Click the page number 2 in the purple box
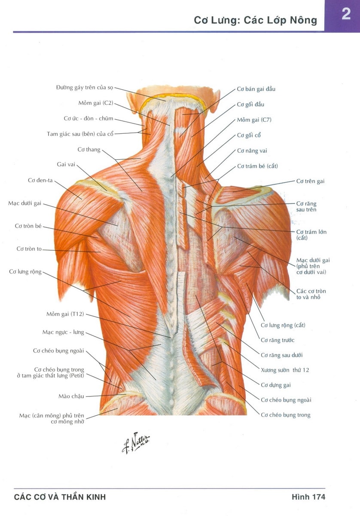(346, 14)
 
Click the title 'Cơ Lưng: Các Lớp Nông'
(255, 20)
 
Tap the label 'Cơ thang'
(89, 150)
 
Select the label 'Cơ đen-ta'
(40, 180)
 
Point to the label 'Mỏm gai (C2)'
(96, 103)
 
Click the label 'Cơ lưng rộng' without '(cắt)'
(25, 272)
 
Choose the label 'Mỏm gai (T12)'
(65, 314)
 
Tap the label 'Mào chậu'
(71, 396)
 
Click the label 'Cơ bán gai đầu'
(256, 89)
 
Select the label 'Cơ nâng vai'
(252, 150)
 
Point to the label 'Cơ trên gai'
(310, 181)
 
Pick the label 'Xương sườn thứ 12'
(285, 370)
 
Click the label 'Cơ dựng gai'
(276, 385)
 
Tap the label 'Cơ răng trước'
(278, 340)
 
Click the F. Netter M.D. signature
(136, 442)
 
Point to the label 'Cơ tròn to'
(29, 249)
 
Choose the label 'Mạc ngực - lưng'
(63, 332)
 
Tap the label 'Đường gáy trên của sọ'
(85, 88)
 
